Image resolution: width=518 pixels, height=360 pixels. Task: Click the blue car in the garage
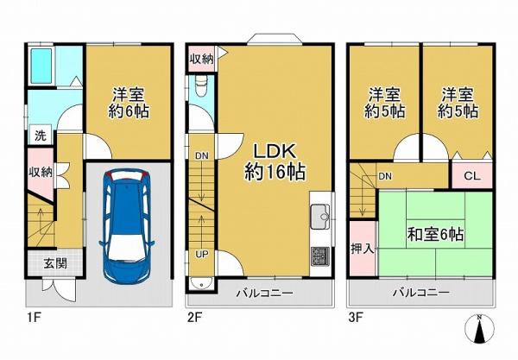point(127,225)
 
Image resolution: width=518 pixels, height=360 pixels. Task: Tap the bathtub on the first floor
point(41,66)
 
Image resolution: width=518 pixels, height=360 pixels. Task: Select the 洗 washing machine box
point(41,135)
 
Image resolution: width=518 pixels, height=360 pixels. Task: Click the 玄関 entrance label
point(55,263)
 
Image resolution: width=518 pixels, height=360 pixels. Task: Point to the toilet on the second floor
point(201,85)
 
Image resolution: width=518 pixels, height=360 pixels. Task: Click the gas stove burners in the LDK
point(319,256)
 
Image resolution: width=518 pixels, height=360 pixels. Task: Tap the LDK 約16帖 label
point(275,161)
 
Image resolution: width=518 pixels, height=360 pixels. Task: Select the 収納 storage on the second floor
point(201,59)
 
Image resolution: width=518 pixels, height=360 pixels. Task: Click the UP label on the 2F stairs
point(201,255)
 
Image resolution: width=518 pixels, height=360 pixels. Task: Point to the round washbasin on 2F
point(201,284)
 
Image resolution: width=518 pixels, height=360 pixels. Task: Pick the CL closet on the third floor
point(472,175)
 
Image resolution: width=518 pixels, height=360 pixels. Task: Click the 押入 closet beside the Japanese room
point(363,249)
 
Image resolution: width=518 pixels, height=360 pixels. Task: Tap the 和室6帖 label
point(435,235)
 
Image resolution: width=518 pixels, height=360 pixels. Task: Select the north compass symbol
point(479,329)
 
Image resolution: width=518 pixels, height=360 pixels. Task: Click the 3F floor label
point(357,318)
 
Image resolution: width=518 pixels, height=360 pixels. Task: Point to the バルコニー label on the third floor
point(421,293)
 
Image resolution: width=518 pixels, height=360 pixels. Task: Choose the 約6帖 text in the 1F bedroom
point(129,111)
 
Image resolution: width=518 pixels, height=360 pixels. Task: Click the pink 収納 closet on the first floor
point(41,173)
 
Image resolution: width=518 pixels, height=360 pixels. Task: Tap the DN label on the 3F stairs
point(385,176)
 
